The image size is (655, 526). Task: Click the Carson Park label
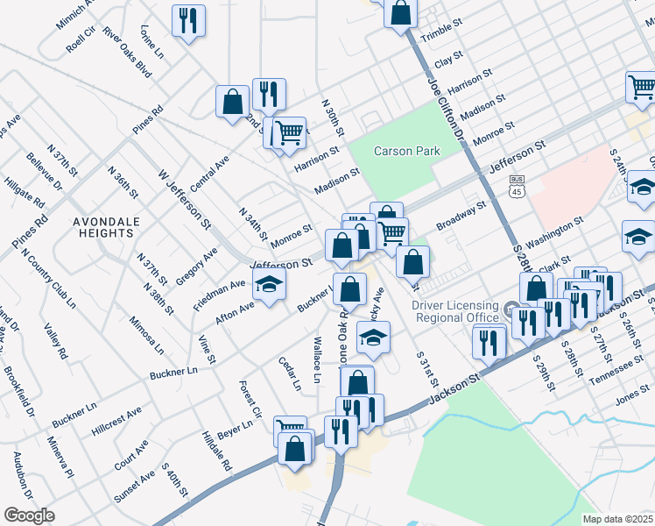(x=406, y=151)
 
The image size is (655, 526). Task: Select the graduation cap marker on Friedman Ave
(x=270, y=283)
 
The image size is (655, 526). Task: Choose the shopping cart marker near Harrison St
(x=289, y=133)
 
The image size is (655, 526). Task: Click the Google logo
(x=30, y=515)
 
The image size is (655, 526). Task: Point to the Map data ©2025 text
(x=617, y=519)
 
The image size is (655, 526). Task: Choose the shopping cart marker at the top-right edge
(x=641, y=87)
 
